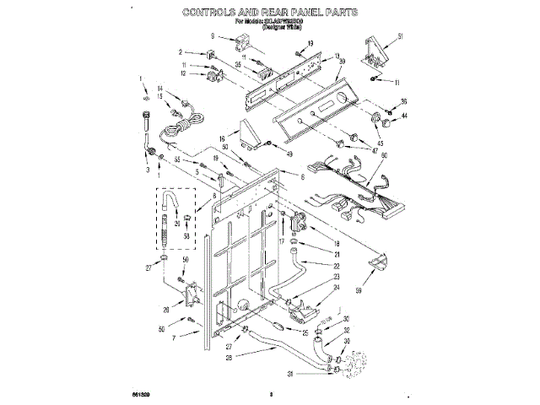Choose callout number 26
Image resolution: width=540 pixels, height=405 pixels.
coord(167,309)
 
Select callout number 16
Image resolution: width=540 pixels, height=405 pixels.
coord(223,138)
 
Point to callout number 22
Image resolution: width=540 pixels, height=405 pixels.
coord(312,266)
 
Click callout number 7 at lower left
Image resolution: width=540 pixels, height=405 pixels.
coord(174,337)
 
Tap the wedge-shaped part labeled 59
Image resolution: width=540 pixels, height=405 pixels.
coord(377,265)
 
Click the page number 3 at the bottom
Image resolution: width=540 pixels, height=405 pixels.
coord(272,393)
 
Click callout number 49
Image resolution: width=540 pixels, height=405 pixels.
coord(289,154)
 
